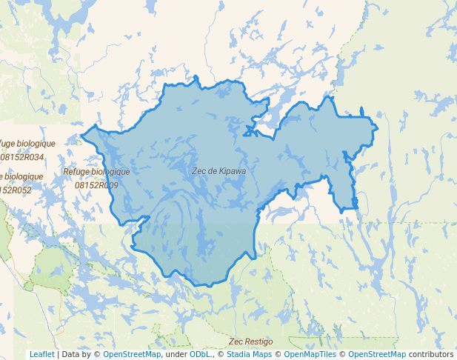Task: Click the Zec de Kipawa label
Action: coord(219,170)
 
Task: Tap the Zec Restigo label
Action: coord(250,341)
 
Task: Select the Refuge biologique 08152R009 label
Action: coord(96,178)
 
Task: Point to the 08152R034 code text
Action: coord(21,157)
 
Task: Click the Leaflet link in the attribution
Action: coord(41,354)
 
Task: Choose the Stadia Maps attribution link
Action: coord(248,354)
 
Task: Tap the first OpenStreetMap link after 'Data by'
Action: coord(132,354)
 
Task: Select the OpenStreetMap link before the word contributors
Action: coord(376,354)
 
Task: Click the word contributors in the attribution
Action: coord(431,354)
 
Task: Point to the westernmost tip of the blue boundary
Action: coord(81,135)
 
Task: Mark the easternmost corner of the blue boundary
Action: coord(378,129)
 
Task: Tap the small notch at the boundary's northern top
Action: coord(196,77)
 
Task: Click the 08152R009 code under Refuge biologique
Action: coord(96,185)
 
